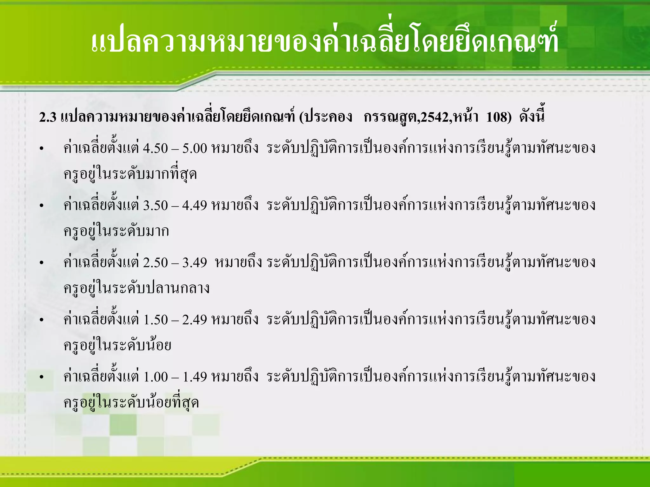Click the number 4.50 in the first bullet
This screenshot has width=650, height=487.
(155, 148)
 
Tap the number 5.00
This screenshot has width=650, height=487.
(195, 148)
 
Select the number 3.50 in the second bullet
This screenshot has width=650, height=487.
(155, 205)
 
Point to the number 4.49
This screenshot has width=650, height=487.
(195, 205)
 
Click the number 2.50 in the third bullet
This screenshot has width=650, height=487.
(155, 263)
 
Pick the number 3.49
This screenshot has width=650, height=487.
(195, 263)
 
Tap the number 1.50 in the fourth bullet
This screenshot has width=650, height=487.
(155, 320)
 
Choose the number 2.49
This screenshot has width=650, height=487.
(195, 320)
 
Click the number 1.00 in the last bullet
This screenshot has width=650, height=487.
(155, 377)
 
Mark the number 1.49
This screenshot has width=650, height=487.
(195, 377)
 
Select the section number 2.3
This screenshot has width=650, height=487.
(48, 118)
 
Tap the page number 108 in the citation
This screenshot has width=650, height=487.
(497, 118)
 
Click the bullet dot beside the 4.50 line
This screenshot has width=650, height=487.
(41, 149)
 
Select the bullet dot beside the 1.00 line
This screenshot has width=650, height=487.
(41, 377)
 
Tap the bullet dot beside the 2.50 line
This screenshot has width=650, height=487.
(41, 263)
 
